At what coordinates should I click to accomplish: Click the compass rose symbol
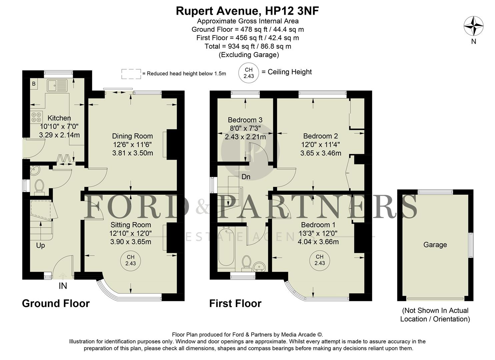474,26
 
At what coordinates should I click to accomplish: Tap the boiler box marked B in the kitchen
34,84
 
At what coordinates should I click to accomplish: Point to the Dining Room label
132,136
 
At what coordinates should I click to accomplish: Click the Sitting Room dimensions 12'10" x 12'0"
130,233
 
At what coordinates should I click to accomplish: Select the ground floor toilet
39,187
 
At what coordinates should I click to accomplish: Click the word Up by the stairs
40,245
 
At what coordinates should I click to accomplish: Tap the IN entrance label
63,286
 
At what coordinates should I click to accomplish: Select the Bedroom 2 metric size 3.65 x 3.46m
320,153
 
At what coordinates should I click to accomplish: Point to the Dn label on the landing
246,177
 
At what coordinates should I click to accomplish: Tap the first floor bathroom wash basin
259,266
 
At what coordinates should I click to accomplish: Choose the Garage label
435,245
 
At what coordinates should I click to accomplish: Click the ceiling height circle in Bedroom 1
319,260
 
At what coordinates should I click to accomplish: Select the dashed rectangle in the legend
131,74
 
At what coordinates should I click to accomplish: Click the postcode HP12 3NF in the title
292,11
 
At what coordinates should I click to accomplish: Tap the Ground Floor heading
56,303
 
